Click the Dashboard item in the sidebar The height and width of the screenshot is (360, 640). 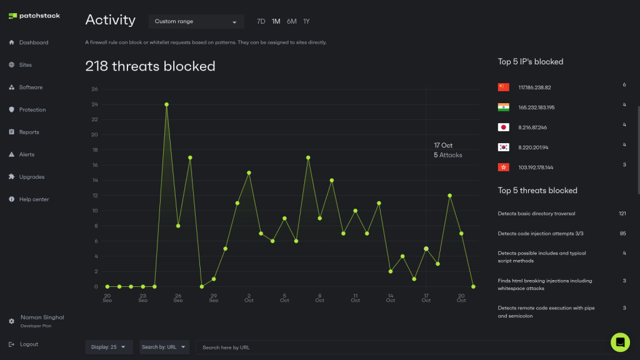click(33, 42)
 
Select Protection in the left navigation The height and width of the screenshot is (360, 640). click(32, 110)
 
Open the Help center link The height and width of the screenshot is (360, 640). click(34, 199)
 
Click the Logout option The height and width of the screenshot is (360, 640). click(28, 344)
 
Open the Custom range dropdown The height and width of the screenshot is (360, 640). click(196, 22)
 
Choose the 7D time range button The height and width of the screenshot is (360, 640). click(261, 21)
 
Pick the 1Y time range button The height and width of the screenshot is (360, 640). click(306, 21)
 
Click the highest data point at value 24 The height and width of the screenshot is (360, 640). click(166, 104)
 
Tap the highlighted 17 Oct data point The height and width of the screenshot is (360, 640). click(426, 249)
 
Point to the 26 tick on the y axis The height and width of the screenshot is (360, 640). click(94, 89)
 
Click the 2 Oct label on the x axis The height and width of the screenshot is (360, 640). click(249, 297)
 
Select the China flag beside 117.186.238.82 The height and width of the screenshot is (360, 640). click(503, 87)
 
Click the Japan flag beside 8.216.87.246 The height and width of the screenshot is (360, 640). click(503, 127)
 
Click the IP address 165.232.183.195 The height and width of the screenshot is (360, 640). click(536, 107)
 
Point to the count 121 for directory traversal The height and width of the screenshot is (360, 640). click(622, 214)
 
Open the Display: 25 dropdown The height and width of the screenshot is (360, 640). click(109, 347)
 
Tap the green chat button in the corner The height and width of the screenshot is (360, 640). click(620, 342)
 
